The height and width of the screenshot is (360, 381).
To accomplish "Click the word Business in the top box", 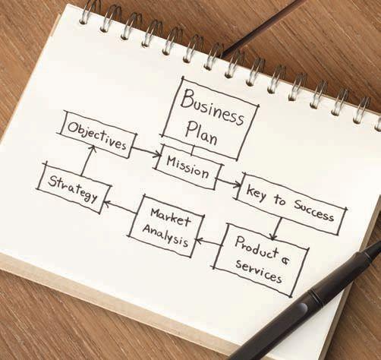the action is pyautogui.click(x=212, y=107).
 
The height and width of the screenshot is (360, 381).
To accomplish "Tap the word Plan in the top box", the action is pyautogui.click(x=201, y=133).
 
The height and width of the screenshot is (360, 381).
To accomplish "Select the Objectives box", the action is pyautogui.click(x=98, y=134).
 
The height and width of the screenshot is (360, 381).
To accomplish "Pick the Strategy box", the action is pyautogui.click(x=74, y=188).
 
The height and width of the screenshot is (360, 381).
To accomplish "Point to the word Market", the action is pyautogui.click(x=171, y=217).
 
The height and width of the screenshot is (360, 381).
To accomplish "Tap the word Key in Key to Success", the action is pyautogui.click(x=256, y=193).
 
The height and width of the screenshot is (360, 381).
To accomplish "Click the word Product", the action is pyautogui.click(x=257, y=248).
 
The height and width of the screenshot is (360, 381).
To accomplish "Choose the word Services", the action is pyautogui.click(x=259, y=271).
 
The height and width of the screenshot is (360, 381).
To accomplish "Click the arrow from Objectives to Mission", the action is pyautogui.click(x=147, y=151).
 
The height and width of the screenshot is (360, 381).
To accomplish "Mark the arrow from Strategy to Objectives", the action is pyautogui.click(x=87, y=160).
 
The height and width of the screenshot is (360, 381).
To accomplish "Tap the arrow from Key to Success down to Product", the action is pyautogui.click(x=276, y=229).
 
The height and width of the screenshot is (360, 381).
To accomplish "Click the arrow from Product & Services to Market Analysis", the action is pyautogui.click(x=209, y=242).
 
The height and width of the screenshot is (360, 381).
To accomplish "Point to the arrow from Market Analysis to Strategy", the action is pyautogui.click(x=119, y=207).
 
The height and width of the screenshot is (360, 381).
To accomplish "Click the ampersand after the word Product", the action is pyautogui.click(x=285, y=260).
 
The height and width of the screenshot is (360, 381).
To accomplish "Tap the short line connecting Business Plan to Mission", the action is pyautogui.click(x=194, y=150).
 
